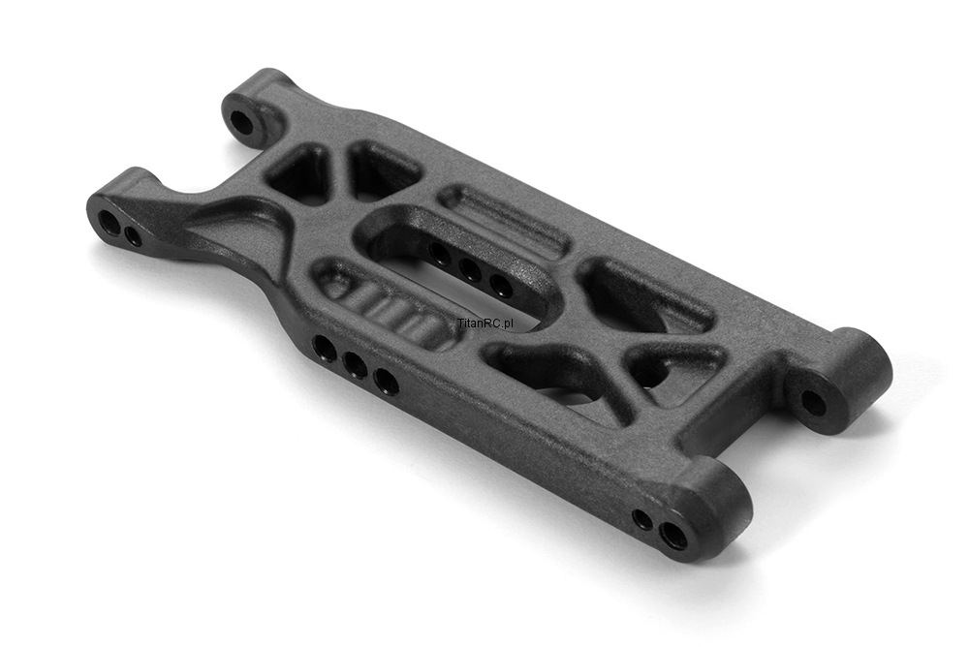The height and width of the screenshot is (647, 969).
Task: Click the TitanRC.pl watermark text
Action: pos(485,323)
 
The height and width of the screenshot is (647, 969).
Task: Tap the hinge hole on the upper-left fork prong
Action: pos(241,122)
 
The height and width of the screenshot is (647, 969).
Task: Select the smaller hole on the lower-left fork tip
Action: pos(132,234)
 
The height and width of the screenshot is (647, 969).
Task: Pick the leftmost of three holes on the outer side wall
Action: pos(325,349)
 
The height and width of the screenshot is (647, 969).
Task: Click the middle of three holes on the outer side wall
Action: pos(355,365)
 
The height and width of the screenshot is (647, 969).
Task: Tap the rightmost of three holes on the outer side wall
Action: pos(386,382)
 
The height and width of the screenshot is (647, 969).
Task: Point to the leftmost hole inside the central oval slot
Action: pos(439,253)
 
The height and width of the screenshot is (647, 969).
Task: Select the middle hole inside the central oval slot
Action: pos(470,269)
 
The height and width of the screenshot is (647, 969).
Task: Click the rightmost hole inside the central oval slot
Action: pos(500,285)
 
